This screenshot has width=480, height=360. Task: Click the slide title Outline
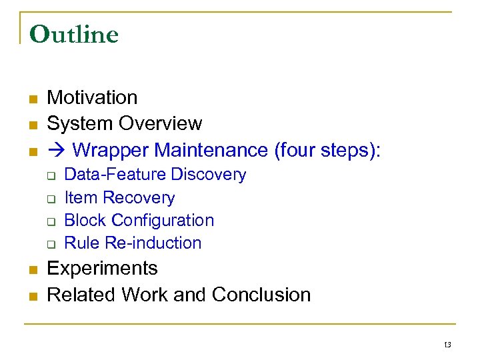[74, 34]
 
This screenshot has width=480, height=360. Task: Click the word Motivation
[92, 97]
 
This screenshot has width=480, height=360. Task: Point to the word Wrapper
[107, 150]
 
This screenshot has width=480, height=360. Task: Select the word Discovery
[209, 175]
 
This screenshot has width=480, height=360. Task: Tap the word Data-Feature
[115, 175]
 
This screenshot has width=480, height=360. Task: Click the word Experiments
[102, 269]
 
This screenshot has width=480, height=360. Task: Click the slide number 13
[447, 345]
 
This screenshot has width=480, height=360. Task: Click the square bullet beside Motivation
[31, 99]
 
